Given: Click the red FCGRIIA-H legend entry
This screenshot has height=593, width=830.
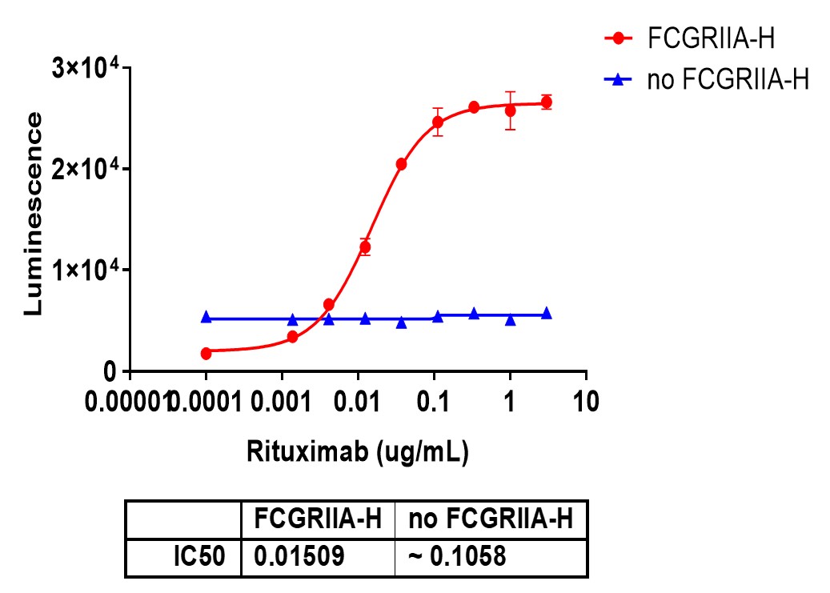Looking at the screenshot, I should pyautogui.click(x=700, y=38).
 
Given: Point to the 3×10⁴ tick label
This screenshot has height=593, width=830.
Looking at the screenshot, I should pyautogui.click(x=86, y=68).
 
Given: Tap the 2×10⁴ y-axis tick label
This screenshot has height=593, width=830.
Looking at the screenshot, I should pyautogui.click(x=86, y=169).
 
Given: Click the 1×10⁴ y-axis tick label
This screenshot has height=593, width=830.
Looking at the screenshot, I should pyautogui.click(x=86, y=270).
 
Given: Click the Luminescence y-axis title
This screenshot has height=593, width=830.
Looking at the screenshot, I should pyautogui.click(x=34, y=214).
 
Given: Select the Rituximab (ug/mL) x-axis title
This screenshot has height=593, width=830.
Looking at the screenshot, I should pyautogui.click(x=356, y=452).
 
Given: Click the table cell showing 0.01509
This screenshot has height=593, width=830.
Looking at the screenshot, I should pyautogui.click(x=299, y=555).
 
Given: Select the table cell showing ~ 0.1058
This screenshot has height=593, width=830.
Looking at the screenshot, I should pyautogui.click(x=457, y=555).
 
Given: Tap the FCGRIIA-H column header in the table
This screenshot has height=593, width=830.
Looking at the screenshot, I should pyautogui.click(x=318, y=519).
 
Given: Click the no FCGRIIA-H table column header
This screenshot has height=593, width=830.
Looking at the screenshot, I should pyautogui.click(x=491, y=519).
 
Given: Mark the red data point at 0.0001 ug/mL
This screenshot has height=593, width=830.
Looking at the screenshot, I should pyautogui.click(x=206, y=353).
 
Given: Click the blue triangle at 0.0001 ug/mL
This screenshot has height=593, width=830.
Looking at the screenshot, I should pyautogui.click(x=206, y=318).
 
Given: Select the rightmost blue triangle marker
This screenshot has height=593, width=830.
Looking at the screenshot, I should pyautogui.click(x=547, y=314).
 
